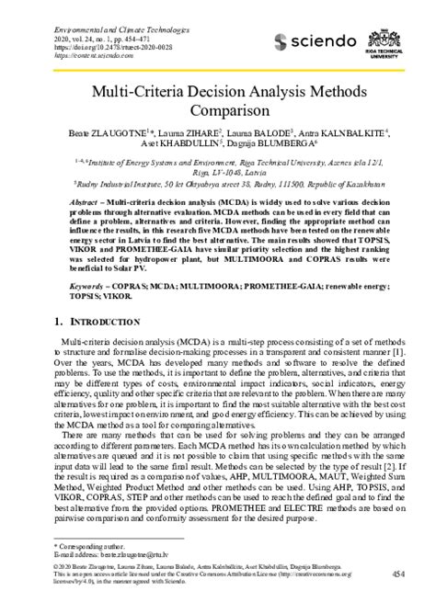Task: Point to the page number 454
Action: click(398, 574)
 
